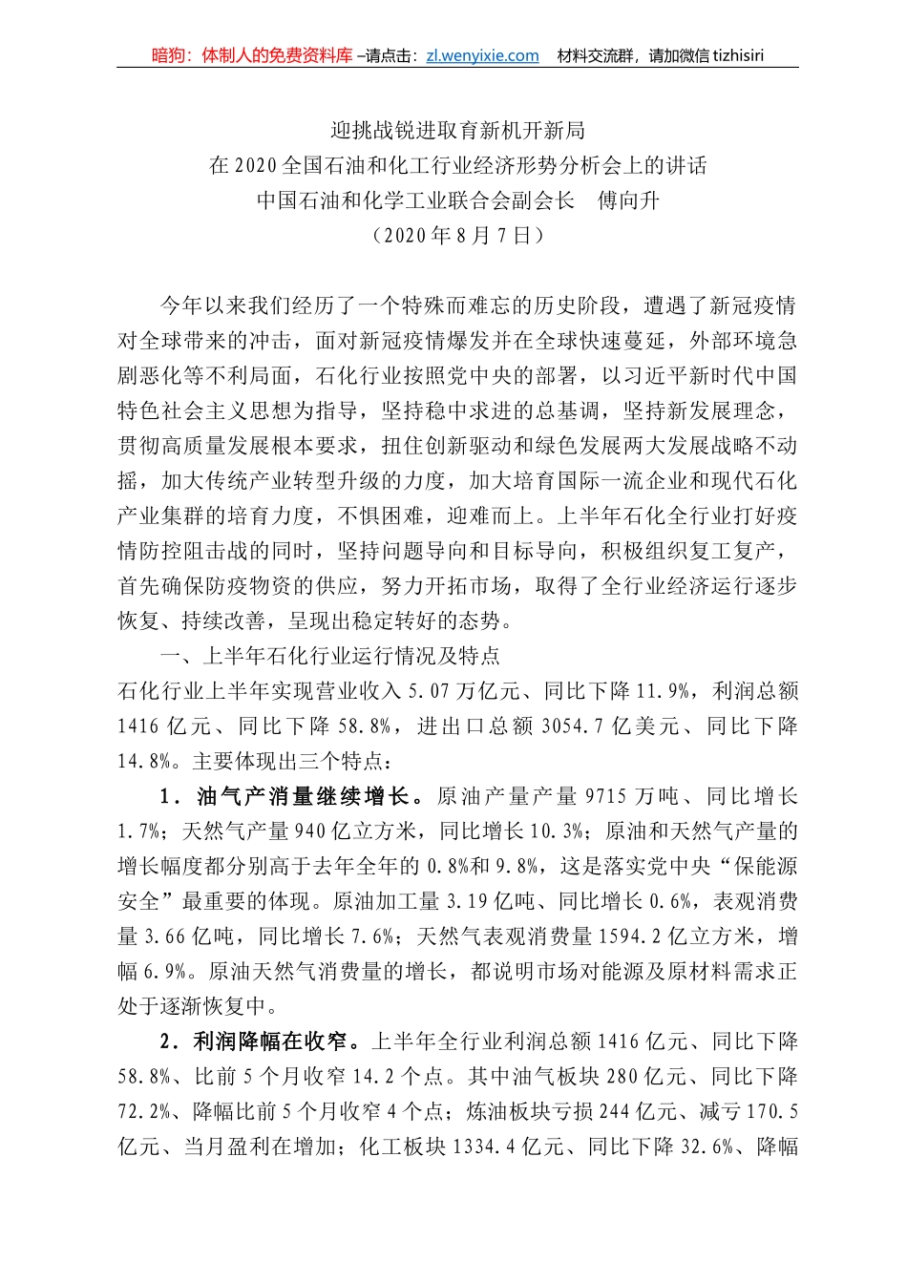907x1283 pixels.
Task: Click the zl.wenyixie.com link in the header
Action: click(x=482, y=55)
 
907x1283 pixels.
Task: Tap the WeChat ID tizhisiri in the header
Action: click(x=734, y=55)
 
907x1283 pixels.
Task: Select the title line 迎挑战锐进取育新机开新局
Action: click(x=457, y=131)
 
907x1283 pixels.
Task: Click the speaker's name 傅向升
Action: click(x=628, y=200)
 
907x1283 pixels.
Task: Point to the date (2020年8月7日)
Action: click(x=457, y=235)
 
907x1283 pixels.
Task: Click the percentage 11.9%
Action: click(x=667, y=691)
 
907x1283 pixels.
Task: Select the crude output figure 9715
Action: click(x=610, y=796)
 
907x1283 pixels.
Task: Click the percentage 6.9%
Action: click(x=165, y=972)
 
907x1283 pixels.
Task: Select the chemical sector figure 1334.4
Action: click(x=489, y=1146)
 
